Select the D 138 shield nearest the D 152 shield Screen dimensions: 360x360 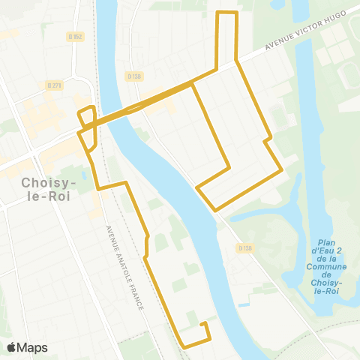pos(134,76)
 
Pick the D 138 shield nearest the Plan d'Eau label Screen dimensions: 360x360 pos(243,247)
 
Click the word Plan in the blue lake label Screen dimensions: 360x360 pos(325,243)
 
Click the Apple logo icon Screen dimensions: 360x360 pos(12,347)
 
